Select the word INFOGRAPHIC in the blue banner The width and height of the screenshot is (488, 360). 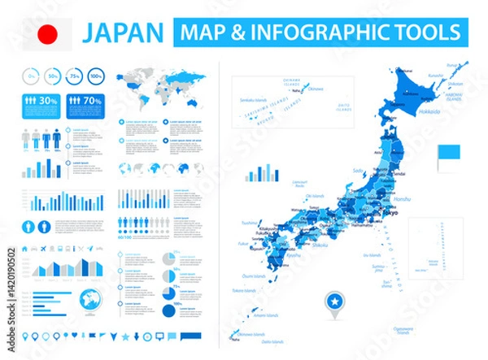[320, 33]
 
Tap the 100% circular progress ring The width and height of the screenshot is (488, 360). [96, 77]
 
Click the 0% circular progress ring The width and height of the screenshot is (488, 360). [31, 77]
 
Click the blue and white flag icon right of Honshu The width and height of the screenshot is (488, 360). [449, 153]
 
